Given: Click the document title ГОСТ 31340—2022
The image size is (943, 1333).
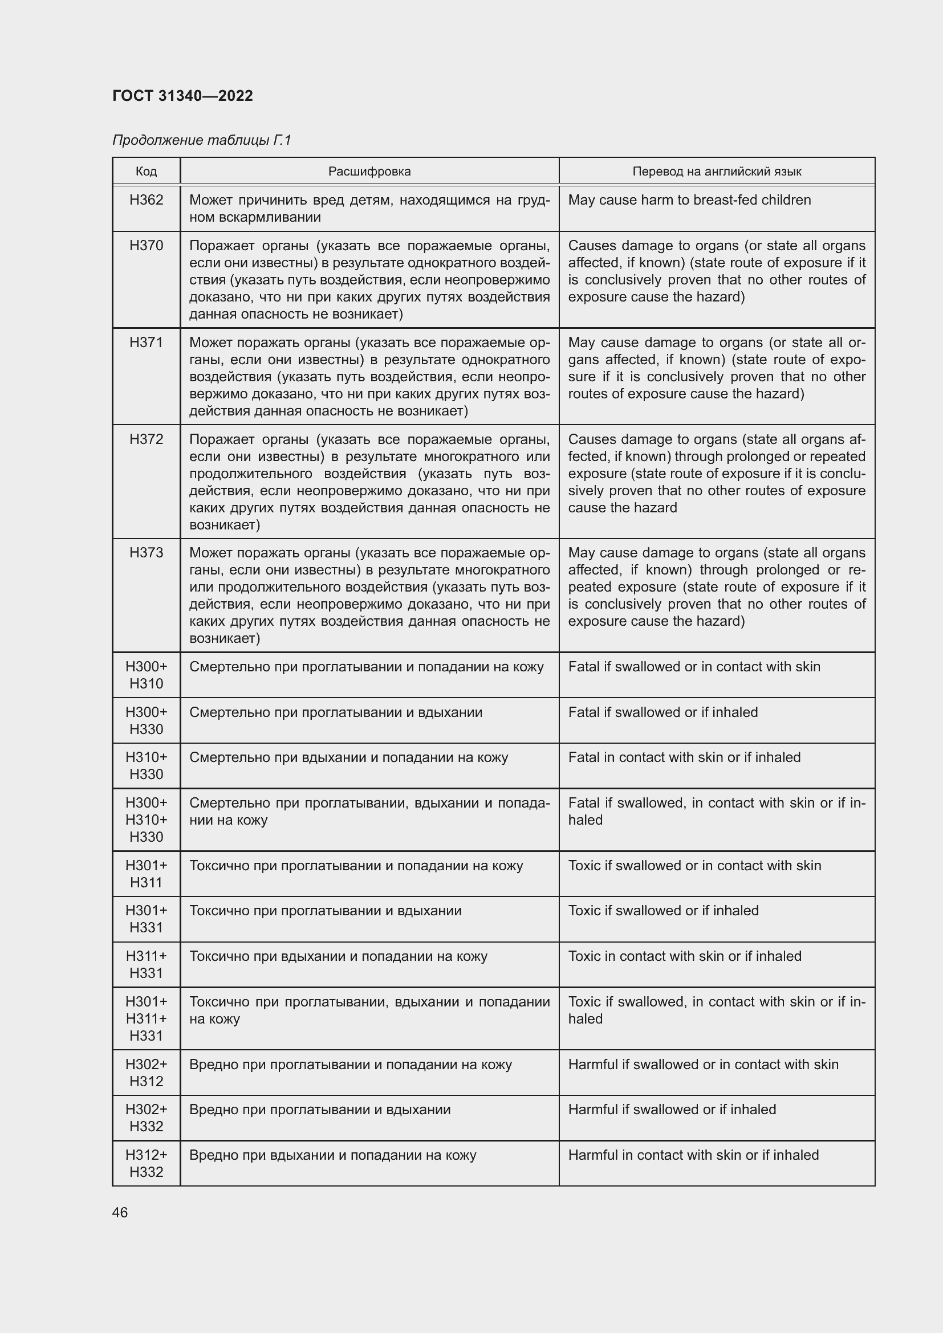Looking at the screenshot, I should [182, 96].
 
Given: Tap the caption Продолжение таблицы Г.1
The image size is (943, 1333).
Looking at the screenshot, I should [201, 140].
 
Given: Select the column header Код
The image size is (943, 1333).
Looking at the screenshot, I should [146, 172].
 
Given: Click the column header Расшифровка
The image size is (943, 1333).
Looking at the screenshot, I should [369, 172].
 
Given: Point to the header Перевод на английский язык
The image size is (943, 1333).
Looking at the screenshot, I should [717, 172].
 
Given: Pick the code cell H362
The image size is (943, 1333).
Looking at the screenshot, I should [147, 200].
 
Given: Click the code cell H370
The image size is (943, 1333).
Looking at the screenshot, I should [147, 246].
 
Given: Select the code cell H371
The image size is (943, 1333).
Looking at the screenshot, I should [147, 343].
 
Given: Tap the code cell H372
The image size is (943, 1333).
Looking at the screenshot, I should [147, 439].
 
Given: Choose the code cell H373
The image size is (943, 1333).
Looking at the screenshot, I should [147, 553].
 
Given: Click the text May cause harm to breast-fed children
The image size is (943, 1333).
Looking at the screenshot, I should [689, 200].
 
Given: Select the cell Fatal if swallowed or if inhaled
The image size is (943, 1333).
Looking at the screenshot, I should [662, 712].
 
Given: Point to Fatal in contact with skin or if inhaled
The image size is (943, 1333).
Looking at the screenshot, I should [684, 757].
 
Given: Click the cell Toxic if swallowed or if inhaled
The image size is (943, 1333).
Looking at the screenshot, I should [663, 911].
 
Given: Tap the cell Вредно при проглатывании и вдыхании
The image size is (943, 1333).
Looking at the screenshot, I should [320, 1110].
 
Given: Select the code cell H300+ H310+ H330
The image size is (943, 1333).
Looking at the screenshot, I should [147, 820].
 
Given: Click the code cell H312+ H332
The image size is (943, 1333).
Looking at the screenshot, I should [147, 1164].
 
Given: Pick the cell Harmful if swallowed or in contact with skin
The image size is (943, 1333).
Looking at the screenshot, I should [703, 1065].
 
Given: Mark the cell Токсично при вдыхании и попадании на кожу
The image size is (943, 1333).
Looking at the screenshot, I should [339, 956].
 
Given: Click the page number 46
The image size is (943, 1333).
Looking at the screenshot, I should [120, 1213].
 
